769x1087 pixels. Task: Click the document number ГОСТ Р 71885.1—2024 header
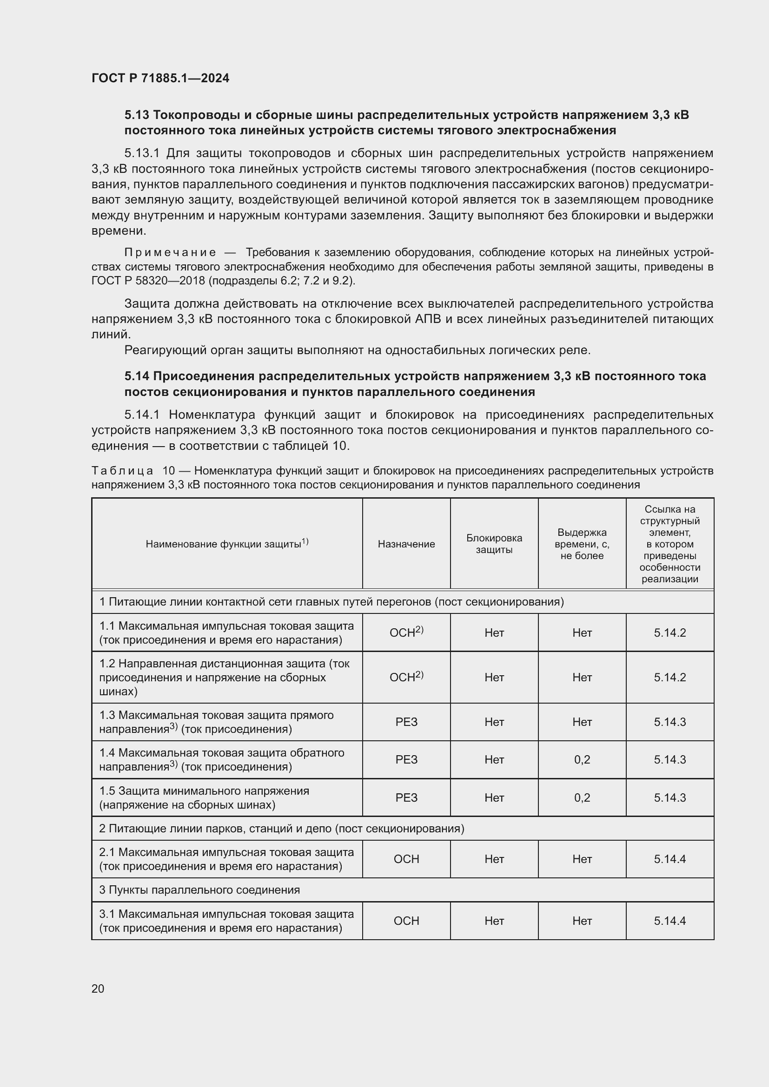(160, 78)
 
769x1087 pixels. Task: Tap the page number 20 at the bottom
(98, 988)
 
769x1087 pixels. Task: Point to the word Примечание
(170, 252)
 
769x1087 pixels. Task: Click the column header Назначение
(406, 544)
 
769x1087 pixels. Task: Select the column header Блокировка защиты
(494, 544)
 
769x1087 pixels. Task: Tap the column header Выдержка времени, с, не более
(582, 544)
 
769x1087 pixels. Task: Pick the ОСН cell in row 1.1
(406, 632)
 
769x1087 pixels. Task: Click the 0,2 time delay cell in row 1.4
(582, 759)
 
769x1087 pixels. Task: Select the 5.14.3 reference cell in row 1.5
(670, 798)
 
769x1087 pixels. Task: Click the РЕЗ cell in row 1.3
(406, 722)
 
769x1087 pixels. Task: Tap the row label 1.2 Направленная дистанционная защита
(224, 677)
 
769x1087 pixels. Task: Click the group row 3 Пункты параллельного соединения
(199, 889)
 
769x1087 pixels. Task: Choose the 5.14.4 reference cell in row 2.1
(670, 859)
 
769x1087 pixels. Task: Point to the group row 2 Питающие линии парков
(281, 829)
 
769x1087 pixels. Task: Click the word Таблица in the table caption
(122, 471)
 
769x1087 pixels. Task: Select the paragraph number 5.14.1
(142, 415)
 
